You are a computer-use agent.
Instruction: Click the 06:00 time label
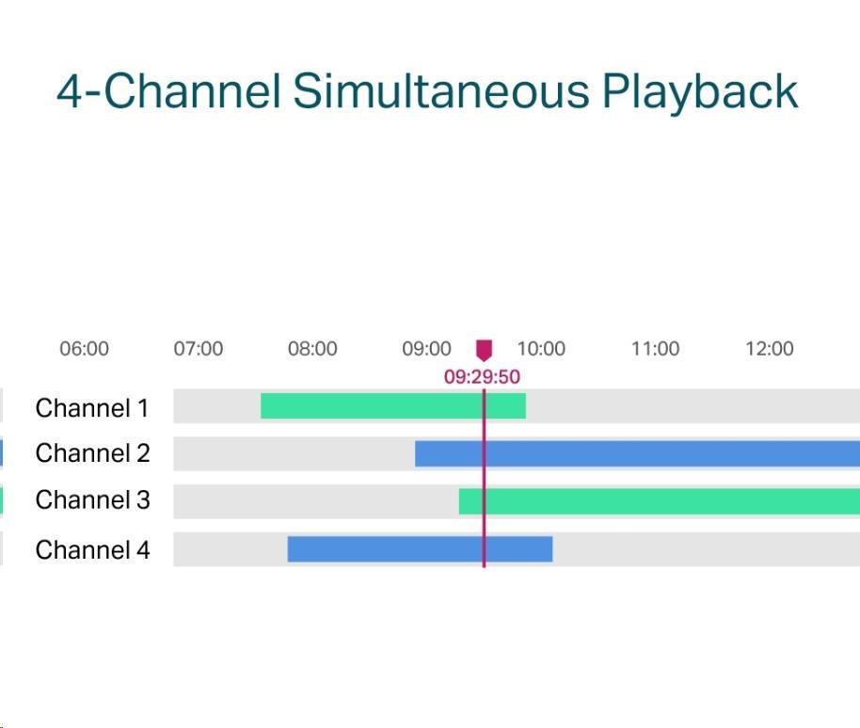(x=84, y=349)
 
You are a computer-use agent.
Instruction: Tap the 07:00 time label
(x=198, y=349)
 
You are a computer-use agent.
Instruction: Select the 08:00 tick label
(x=312, y=349)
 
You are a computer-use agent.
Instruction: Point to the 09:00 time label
(x=427, y=349)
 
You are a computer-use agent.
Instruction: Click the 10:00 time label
(x=541, y=349)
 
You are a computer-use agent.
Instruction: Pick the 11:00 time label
(x=656, y=349)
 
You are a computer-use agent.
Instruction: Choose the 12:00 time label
(x=770, y=349)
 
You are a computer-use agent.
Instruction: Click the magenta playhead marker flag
(x=484, y=350)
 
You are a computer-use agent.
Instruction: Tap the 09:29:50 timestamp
(x=482, y=377)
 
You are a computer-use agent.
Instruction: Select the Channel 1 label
(x=92, y=408)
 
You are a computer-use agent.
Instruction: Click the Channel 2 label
(x=93, y=453)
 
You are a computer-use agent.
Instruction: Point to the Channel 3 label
(x=93, y=500)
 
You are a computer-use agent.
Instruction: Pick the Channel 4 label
(x=93, y=550)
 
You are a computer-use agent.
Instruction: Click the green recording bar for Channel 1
(x=393, y=406)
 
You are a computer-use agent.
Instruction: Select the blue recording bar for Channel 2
(x=637, y=454)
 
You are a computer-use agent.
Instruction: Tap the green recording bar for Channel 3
(x=660, y=501)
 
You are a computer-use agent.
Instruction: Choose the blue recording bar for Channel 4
(x=421, y=549)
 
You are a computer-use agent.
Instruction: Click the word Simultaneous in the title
(x=441, y=91)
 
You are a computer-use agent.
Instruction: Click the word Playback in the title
(x=700, y=92)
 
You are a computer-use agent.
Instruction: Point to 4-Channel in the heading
(x=169, y=90)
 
